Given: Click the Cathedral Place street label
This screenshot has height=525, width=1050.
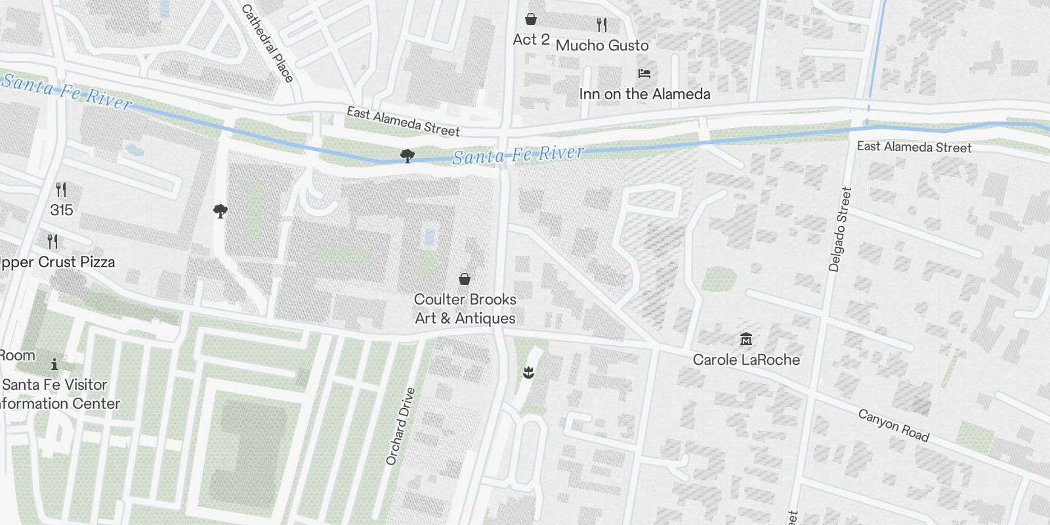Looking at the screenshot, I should point(267,43).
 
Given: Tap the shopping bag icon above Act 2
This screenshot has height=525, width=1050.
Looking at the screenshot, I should point(530,19).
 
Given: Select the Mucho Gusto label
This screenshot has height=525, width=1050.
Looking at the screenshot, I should point(602,45).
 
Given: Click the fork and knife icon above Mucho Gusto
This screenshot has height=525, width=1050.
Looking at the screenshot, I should point(602,25).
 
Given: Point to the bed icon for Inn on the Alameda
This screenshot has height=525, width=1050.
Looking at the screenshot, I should point(644,73).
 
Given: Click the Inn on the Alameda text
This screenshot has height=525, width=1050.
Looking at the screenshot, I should point(644,94).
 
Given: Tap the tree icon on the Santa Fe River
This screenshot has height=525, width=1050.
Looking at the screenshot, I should point(407,156).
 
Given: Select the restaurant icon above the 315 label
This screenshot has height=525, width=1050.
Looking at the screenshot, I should point(61,190).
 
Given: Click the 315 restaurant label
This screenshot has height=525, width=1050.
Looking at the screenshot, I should point(61,210).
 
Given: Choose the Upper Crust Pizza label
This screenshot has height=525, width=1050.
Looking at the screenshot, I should point(58,262).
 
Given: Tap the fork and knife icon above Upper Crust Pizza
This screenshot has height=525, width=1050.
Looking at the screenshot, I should point(53,241).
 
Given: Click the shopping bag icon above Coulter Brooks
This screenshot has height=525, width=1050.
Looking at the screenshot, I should point(465,279).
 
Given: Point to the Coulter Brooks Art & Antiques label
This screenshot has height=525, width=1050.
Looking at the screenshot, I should point(465,308).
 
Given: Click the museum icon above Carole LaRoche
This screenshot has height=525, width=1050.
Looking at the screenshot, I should point(746,339).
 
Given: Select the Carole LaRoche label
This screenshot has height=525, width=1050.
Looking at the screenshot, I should point(746,360).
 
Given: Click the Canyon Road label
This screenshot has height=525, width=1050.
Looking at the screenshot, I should point(893,425).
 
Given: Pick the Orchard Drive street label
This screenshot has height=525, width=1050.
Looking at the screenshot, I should point(401,427).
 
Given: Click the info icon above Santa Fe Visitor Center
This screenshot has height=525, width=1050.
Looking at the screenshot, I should point(54,364).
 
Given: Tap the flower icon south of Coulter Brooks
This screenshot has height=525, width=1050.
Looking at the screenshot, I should point(528,373).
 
